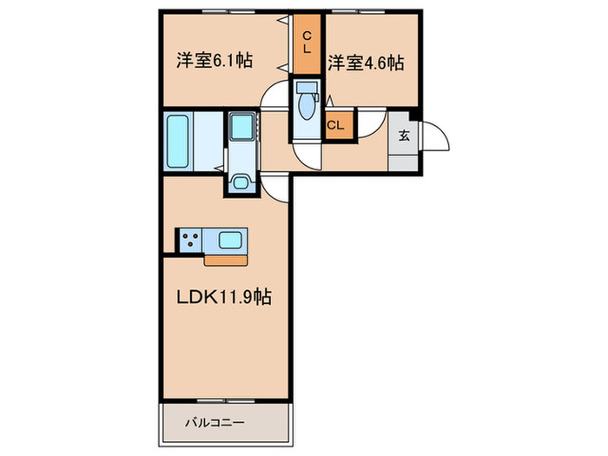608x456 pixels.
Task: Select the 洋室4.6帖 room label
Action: coord(367,63)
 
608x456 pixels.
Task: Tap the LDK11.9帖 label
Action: coord(224,297)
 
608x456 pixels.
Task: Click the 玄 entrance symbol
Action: coord(404,135)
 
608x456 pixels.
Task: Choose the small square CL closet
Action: coord(336,125)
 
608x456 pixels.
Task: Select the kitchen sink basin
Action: coord(231,240)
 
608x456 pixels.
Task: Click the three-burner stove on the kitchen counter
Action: coord(191,240)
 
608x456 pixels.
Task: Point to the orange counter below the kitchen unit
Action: coord(226,258)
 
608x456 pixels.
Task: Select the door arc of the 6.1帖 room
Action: coord(276,94)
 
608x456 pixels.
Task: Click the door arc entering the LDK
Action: coord(275,184)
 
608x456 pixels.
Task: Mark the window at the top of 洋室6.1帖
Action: coord(221,11)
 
